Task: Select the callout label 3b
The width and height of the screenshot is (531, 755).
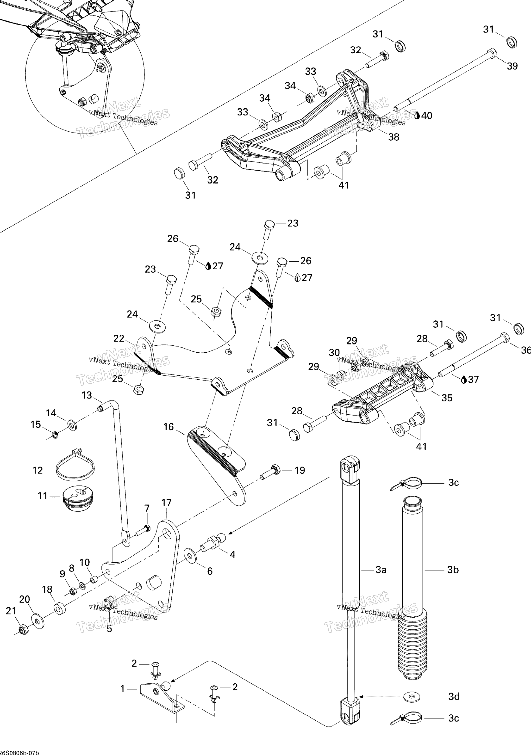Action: click(453, 570)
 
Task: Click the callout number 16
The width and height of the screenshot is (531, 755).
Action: click(169, 427)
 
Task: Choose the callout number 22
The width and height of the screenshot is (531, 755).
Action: click(119, 338)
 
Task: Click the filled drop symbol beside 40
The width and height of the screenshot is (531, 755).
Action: click(417, 115)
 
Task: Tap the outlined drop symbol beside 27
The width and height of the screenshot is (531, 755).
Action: click(297, 278)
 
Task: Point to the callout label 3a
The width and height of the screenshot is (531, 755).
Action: click(381, 570)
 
